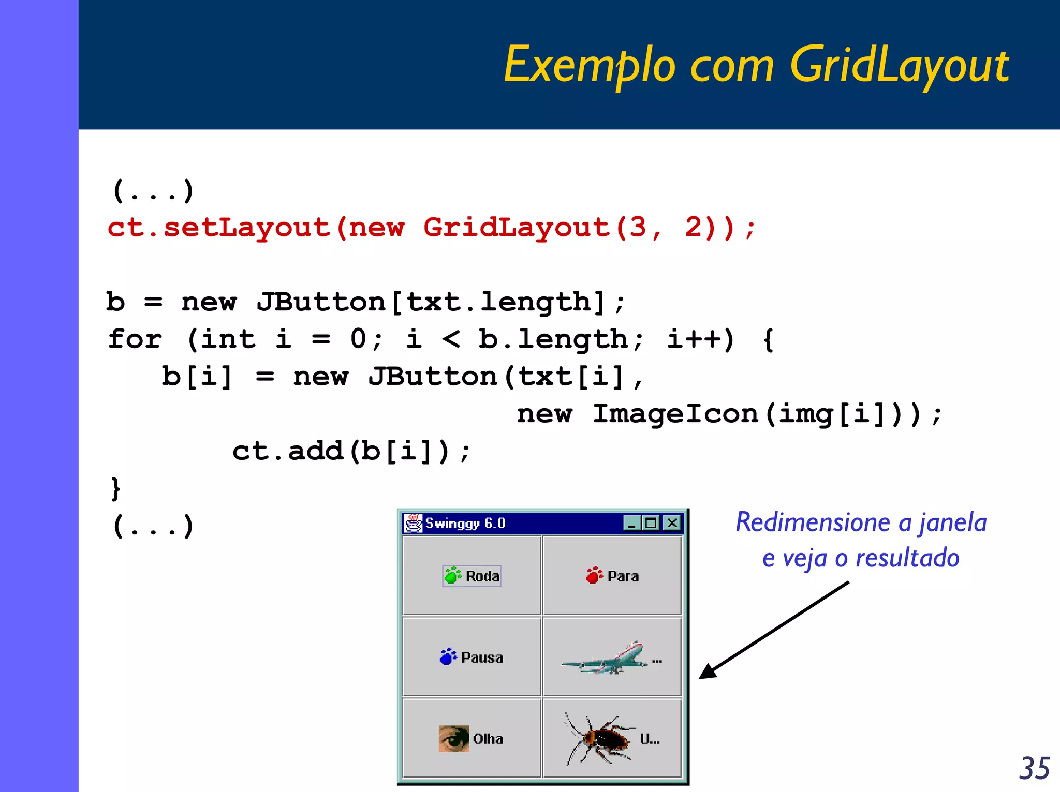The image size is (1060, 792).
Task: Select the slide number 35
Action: pyautogui.click(x=1034, y=768)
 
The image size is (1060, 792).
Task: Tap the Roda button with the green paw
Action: pyautogui.click(x=472, y=576)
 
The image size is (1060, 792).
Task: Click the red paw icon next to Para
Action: pyautogui.click(x=594, y=575)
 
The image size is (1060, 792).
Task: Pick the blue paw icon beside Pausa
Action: pyautogui.click(x=448, y=656)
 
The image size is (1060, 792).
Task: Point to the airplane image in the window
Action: pyautogui.click(x=605, y=658)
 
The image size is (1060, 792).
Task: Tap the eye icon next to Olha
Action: pyautogui.click(x=453, y=738)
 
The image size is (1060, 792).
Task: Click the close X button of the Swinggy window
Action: pyautogui.click(x=672, y=523)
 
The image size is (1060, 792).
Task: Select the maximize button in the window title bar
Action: pyautogui.click(x=651, y=523)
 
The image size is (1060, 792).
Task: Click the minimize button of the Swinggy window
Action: pyautogui.click(x=631, y=523)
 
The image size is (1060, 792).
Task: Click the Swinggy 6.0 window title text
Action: pyautogui.click(x=465, y=523)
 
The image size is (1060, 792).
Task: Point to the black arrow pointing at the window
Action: pyautogui.click(x=773, y=630)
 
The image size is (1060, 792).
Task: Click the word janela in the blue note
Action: pyautogui.click(x=952, y=522)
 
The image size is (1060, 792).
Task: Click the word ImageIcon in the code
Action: pyautogui.click(x=675, y=414)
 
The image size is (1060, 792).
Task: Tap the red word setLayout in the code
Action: pyautogui.click(x=246, y=228)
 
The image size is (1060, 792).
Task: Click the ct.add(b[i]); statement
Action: pyautogui.click(x=351, y=451)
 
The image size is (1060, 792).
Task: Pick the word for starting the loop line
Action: pyautogui.click(x=135, y=339)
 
